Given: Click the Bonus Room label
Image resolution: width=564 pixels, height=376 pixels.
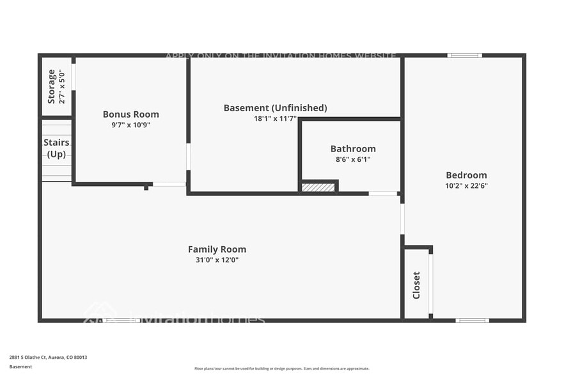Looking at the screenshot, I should click(x=130, y=114).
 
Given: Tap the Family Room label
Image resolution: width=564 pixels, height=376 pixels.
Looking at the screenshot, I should click(x=217, y=249).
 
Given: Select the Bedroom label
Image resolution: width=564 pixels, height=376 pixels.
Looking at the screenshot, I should click(x=466, y=175).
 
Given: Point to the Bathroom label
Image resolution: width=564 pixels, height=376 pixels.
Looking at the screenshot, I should click(x=353, y=149).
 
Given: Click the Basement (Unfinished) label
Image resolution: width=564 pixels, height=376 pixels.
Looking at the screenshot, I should click(x=275, y=108).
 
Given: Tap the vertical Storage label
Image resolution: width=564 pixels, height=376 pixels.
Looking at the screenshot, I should click(x=52, y=86).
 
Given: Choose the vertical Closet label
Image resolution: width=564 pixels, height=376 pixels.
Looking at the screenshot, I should click(x=416, y=285).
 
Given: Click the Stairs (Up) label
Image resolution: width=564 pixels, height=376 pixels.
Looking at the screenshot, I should click(x=56, y=148).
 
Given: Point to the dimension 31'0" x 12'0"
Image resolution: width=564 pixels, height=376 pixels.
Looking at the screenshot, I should click(x=217, y=260).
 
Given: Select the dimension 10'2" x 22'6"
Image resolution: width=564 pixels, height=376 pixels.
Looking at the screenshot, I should click(x=467, y=186).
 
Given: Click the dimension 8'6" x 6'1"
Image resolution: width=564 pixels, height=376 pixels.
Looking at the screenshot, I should click(x=353, y=160).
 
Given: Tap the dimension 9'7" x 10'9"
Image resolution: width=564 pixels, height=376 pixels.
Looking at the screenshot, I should click(x=130, y=125).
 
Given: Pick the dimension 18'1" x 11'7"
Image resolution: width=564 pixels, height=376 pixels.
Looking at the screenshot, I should click(x=275, y=119).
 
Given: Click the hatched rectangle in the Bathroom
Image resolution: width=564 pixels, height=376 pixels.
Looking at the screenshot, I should click(x=318, y=187).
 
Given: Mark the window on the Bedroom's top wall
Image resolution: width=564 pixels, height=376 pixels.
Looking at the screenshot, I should click(x=465, y=56).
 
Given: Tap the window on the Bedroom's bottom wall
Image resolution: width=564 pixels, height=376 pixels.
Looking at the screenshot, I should click(x=472, y=320).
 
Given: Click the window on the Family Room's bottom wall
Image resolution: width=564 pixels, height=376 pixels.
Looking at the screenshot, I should click(x=121, y=320).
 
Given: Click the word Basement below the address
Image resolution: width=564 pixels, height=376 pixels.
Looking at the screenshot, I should click(x=20, y=367).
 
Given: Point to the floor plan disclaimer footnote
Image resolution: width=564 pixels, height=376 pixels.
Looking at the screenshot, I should click(x=281, y=368).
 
